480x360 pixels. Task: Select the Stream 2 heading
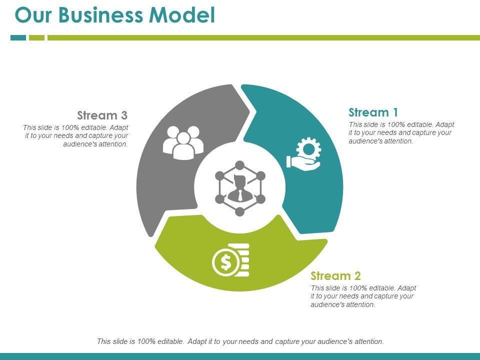[x=335, y=276]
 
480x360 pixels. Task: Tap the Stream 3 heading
[x=102, y=115]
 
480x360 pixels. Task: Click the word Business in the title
[x=101, y=15]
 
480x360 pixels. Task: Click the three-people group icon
[x=183, y=142]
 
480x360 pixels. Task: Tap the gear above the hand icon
[x=308, y=149]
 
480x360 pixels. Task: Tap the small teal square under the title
[x=18, y=37]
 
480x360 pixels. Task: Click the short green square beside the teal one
[x=36, y=37]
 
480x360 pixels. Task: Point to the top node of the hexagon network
[x=240, y=165]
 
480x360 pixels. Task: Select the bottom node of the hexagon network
[x=240, y=211]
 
